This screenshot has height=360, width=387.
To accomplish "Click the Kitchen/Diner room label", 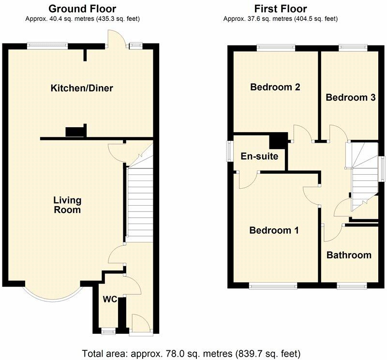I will coord(82,88).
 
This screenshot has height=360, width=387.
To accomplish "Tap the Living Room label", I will coord(67,205).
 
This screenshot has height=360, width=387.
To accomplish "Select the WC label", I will coord(110,300).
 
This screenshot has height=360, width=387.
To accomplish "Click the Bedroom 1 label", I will coord(274,230).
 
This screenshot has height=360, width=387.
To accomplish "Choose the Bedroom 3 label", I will coord(351,97).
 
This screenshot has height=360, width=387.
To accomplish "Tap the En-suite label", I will coord(259,156).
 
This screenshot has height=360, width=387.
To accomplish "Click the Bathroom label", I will coord(348,255).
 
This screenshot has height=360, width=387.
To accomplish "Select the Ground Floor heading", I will coord(82,9).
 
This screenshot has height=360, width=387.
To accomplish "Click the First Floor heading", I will coord(281,9).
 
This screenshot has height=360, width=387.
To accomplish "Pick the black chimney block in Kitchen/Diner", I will coord(75,131).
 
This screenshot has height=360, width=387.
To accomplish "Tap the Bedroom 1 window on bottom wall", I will coord(273,286).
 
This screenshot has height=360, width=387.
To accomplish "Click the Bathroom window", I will coord(352,286).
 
